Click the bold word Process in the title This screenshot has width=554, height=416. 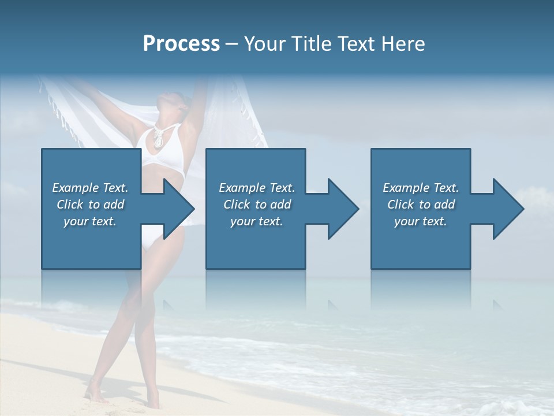point(181,44)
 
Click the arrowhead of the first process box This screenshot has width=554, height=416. point(179,209)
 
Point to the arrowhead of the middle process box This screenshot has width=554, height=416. point(344,209)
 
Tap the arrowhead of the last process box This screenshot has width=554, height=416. point(509,209)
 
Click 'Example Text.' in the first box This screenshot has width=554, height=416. point(91,188)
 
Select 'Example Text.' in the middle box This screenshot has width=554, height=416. point(257,188)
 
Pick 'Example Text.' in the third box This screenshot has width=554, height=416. point(421,188)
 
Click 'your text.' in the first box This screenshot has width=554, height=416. point(90,221)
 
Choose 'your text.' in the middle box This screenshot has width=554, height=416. point(256,221)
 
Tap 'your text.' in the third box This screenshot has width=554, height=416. point(420,221)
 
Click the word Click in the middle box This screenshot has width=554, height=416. point(237,205)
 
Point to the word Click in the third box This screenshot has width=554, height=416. point(400,205)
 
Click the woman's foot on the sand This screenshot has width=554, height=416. point(95,395)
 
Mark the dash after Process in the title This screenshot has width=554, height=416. point(232,44)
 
